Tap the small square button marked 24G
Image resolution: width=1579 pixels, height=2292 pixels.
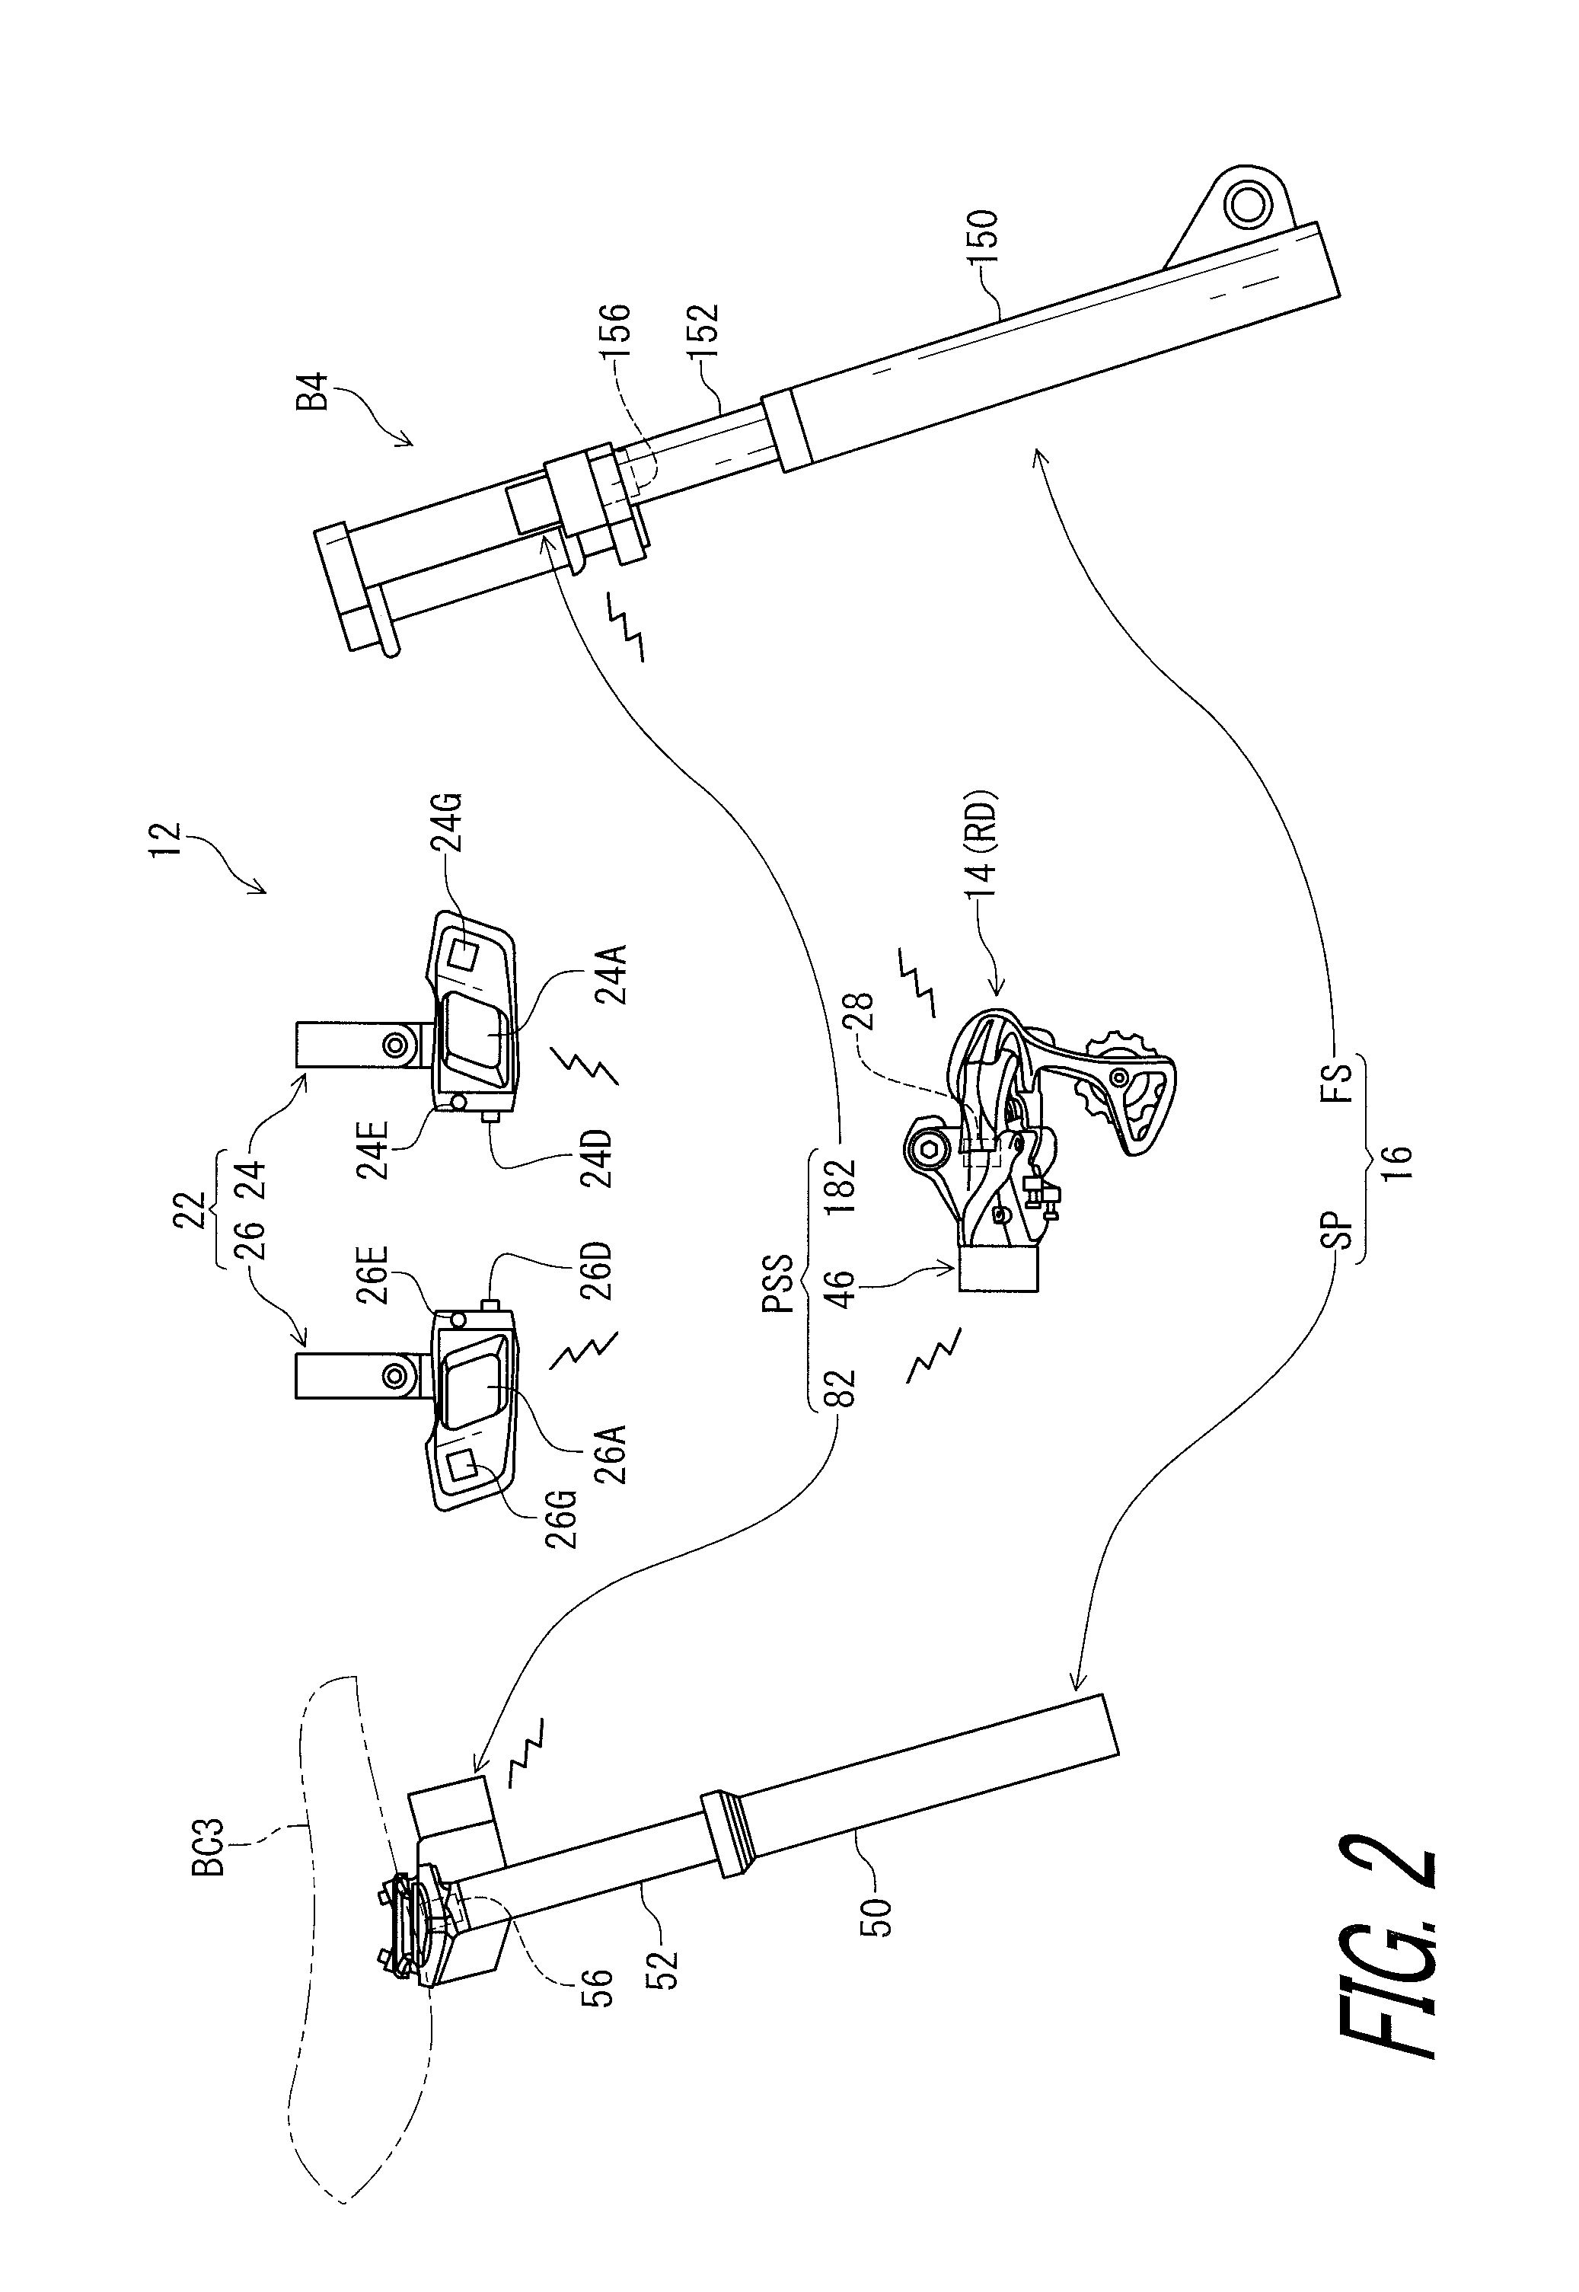click(464, 955)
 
